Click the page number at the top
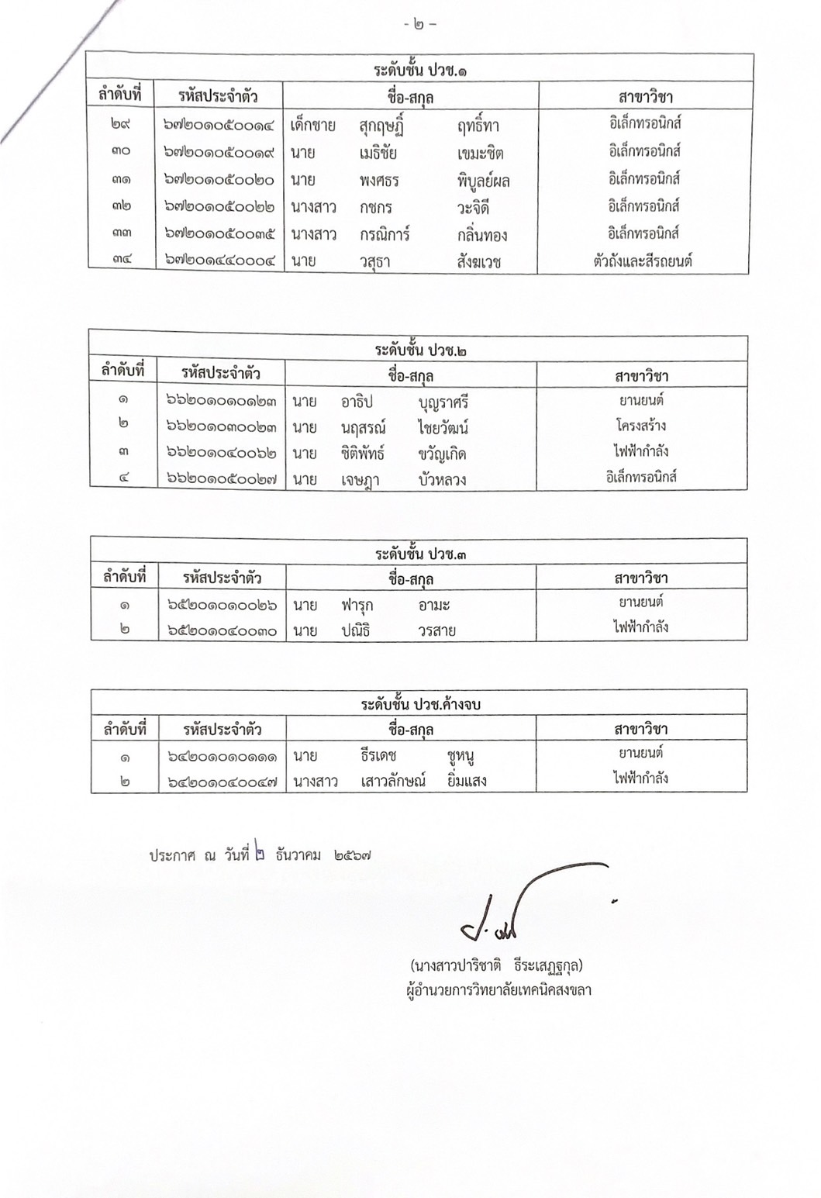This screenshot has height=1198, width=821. point(420,24)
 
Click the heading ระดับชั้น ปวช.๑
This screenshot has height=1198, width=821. point(421,70)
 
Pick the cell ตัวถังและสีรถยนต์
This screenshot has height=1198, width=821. point(641,261)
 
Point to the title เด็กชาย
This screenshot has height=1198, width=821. point(313,125)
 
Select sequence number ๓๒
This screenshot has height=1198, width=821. point(121,207)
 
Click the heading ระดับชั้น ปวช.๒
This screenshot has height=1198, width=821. point(421,350)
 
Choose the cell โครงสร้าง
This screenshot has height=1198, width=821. point(641,426)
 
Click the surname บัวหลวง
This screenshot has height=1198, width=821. point(442,480)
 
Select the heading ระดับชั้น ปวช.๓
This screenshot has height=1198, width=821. point(421,554)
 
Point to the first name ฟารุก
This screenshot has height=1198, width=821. point(357,605)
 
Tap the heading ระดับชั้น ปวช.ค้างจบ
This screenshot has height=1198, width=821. point(421,705)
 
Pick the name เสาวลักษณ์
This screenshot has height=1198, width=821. point(393,781)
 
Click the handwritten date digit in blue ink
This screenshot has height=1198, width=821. point(259,854)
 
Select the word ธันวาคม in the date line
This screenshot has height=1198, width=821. point(298,856)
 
